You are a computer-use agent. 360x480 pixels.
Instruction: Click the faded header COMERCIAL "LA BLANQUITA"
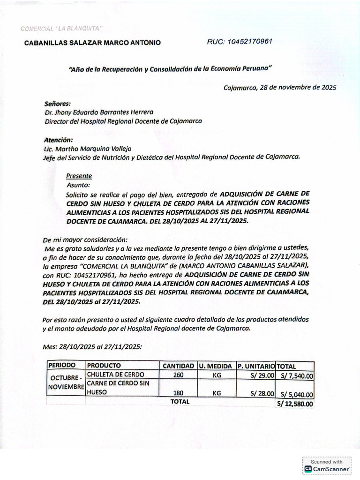(x=61, y=29)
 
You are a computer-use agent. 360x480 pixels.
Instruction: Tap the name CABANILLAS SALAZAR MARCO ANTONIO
(x=92, y=43)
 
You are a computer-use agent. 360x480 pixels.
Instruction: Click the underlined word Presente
(x=79, y=176)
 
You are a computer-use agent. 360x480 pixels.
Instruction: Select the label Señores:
(x=57, y=103)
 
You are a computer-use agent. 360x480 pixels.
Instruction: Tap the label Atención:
(x=59, y=140)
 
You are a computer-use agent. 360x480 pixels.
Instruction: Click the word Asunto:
(x=78, y=185)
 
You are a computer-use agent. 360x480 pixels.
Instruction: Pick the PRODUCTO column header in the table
(x=104, y=365)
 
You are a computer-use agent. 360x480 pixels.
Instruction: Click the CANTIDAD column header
(x=178, y=366)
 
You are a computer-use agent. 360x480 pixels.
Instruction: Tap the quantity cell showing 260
(x=178, y=375)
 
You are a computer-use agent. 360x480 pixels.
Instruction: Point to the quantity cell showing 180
(x=178, y=393)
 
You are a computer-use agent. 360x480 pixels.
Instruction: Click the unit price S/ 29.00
(x=262, y=375)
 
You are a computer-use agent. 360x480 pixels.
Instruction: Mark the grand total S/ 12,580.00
(x=295, y=404)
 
